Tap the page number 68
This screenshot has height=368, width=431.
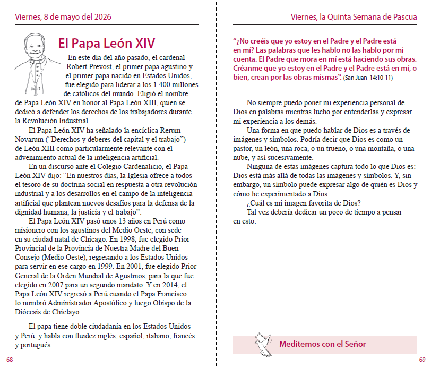[10, 360]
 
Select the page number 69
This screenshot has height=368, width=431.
[422, 360]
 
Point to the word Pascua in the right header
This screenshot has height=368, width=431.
[404, 17]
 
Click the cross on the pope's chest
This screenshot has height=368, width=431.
[36, 88]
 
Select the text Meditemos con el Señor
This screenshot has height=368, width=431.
[322, 344]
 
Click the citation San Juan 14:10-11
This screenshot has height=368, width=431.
[368, 78]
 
